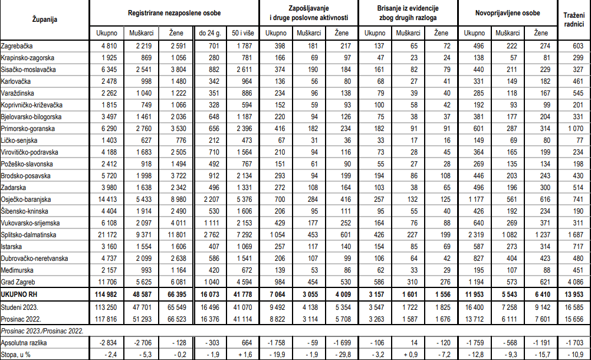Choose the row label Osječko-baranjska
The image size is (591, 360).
tap(27, 199)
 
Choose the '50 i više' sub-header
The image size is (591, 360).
tap(242, 32)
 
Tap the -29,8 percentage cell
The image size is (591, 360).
tap(342, 354)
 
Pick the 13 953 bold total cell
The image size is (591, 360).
tap(573, 294)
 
